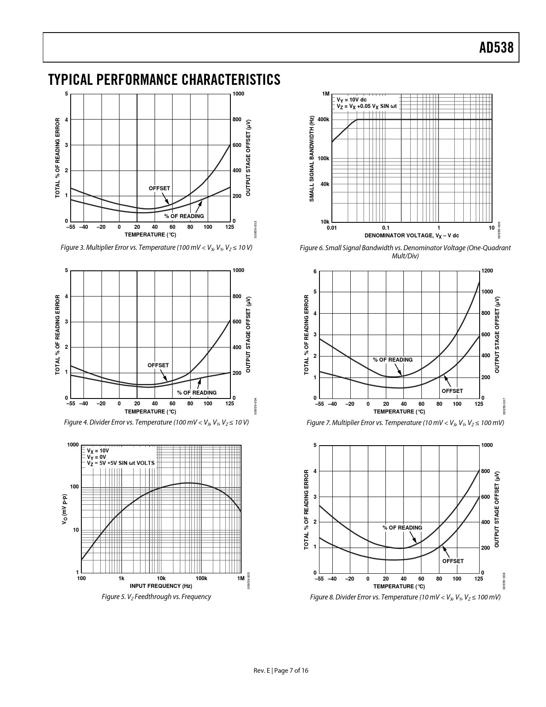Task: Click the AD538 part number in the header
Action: [496, 48]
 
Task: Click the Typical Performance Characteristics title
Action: [164, 80]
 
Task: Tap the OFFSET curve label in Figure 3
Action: [159, 189]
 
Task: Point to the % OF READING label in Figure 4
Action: [197, 392]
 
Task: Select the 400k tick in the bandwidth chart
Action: [323, 120]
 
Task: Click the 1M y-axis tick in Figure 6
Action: [326, 94]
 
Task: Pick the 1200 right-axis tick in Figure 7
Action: [487, 271]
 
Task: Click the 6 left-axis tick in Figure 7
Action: [315, 272]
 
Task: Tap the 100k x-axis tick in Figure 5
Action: [201, 578]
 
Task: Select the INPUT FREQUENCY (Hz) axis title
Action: [161, 586]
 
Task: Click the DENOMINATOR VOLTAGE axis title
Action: [412, 236]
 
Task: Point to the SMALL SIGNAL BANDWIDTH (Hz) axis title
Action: [312, 159]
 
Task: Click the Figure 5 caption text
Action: [156, 596]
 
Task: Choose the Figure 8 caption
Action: [405, 597]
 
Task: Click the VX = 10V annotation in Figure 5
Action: [98, 451]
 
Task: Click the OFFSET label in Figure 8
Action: [453, 561]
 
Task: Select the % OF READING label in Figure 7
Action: [393, 359]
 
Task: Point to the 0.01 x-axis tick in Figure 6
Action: [332, 228]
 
